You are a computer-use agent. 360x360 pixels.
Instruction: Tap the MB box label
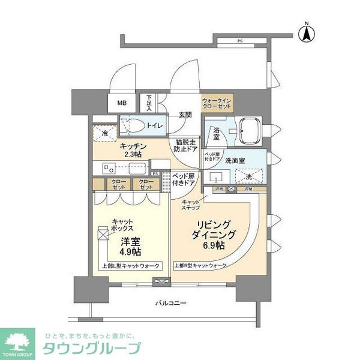pyautogui.click(x=122, y=102)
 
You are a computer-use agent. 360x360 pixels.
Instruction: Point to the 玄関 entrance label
pyautogui.click(x=185, y=115)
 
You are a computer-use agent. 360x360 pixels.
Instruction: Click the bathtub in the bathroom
pyautogui.click(x=247, y=131)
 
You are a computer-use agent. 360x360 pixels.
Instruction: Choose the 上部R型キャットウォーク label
pyautogui.click(x=201, y=265)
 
